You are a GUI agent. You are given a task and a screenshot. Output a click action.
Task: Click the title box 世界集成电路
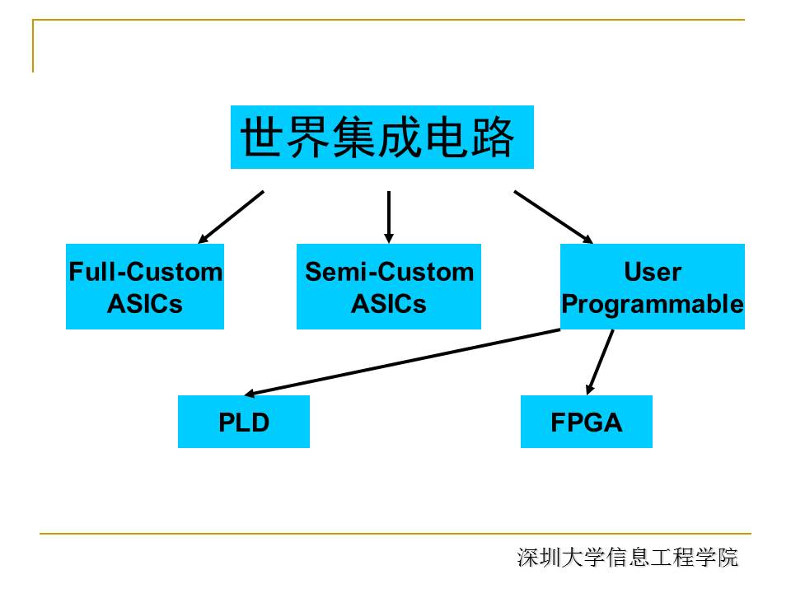point(381,137)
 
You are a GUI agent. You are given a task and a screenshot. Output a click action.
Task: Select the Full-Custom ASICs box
point(145,287)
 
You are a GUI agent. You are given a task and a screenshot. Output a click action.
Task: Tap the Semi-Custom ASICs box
point(389,287)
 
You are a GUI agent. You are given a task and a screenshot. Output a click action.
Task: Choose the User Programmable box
point(653,287)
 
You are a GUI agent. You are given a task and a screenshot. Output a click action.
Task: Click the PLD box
point(244,422)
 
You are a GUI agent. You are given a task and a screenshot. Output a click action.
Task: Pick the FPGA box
point(587,422)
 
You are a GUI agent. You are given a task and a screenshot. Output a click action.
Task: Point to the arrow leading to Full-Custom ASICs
point(232,217)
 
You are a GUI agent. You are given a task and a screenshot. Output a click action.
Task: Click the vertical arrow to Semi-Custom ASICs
point(389,216)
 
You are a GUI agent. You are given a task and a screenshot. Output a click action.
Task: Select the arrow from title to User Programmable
point(553,217)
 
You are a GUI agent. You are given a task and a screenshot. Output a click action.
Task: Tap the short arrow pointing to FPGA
point(601,361)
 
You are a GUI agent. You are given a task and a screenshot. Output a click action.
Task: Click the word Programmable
point(653,304)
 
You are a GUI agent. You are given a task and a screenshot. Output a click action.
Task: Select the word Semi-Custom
point(390,272)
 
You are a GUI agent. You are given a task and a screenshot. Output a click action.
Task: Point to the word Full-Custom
point(145,272)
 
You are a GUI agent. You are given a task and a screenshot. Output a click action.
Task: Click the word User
point(653,272)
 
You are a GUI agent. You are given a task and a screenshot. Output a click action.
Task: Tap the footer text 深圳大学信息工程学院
point(628,558)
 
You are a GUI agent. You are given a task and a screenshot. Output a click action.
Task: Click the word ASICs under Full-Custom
point(145,304)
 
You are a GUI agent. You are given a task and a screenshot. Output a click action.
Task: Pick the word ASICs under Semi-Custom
point(389,304)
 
